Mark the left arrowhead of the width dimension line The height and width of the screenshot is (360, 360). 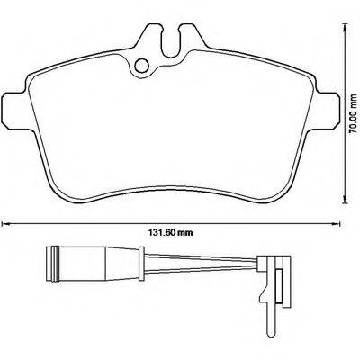(x=5, y=220)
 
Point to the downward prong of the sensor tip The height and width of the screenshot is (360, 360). (x=271, y=292)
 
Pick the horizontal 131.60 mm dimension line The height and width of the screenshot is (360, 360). (x=90, y=220)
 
